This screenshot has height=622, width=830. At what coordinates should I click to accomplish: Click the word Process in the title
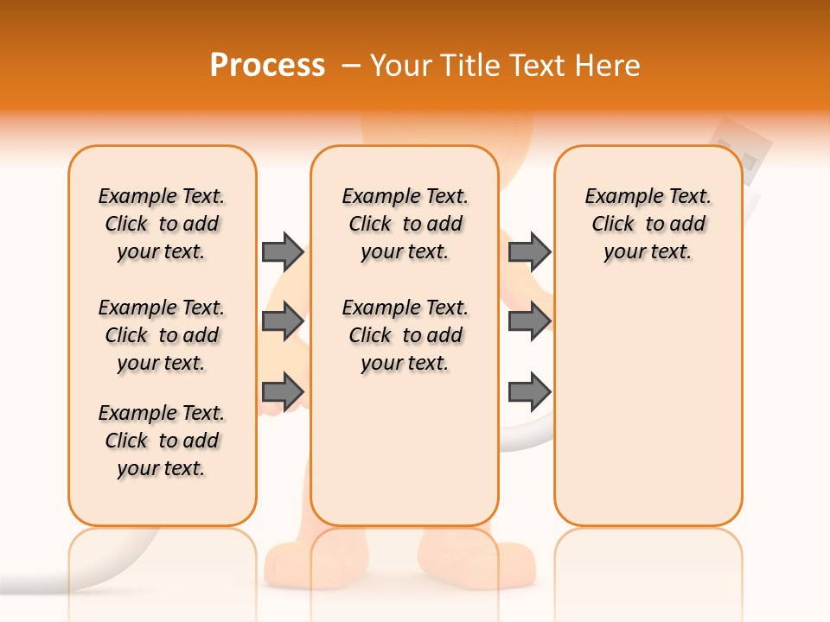pos(267,66)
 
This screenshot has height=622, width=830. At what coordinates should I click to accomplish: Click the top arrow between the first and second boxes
pos(283,251)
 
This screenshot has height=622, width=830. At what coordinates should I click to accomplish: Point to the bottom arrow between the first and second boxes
pos(283,391)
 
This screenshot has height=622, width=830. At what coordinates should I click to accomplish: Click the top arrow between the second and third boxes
pos(529,251)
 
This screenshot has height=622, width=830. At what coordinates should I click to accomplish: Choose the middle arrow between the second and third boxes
pos(529,321)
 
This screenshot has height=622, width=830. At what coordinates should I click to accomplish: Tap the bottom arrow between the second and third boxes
pos(529,391)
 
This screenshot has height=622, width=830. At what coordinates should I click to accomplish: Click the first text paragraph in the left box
pos(162,224)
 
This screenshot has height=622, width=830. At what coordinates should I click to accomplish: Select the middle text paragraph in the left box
pos(162,335)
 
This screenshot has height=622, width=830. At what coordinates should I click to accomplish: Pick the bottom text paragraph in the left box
pos(162,441)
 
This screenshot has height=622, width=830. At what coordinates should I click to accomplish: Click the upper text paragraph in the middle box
pos(405,224)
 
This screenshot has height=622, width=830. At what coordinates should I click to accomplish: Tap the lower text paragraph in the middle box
pos(405,335)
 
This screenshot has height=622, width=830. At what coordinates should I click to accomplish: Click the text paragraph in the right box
pos(648,224)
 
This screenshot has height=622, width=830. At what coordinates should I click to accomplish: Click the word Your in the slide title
pos(401,66)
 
